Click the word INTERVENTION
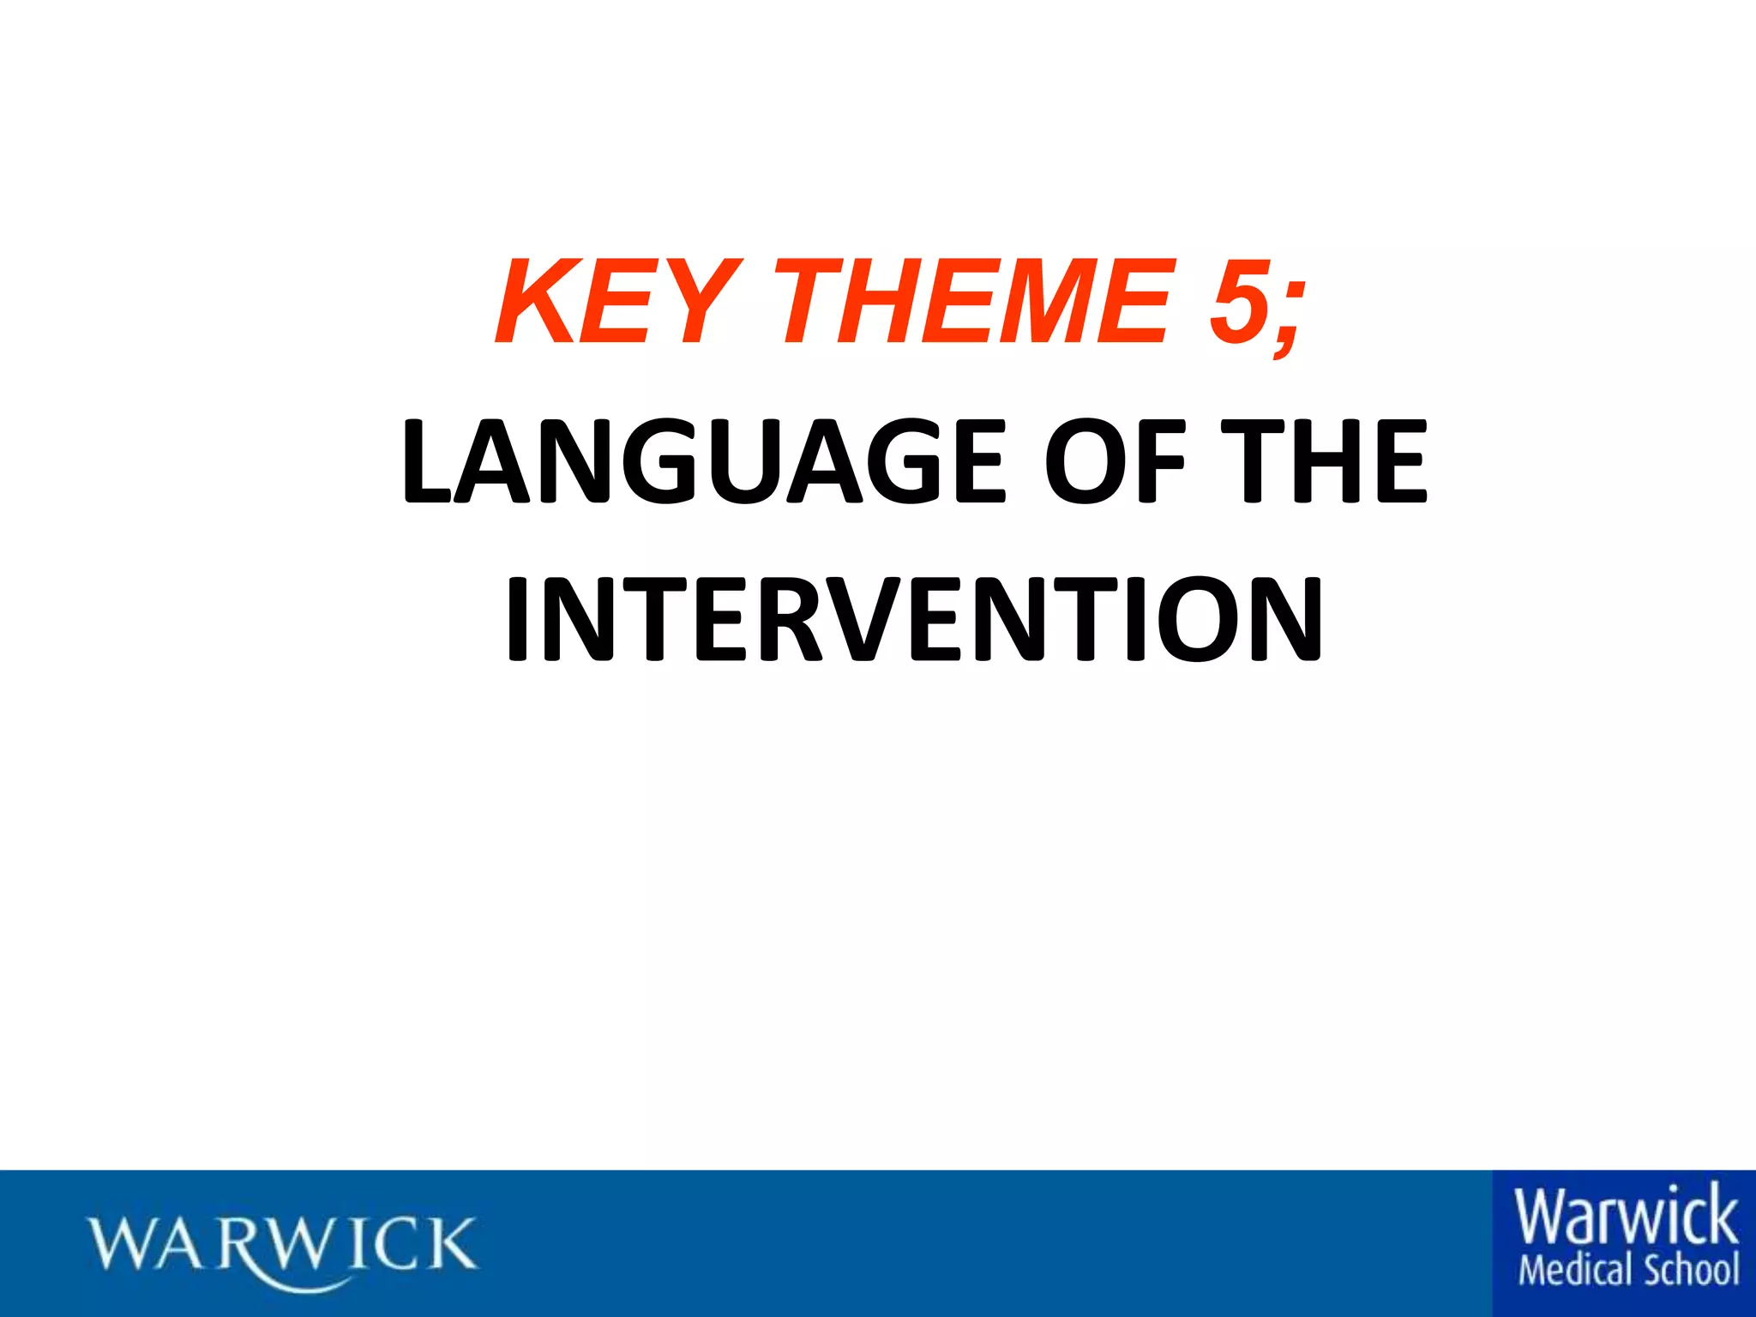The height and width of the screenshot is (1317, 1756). [x=914, y=619]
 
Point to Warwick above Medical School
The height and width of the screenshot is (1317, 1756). [x=1626, y=1217]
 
